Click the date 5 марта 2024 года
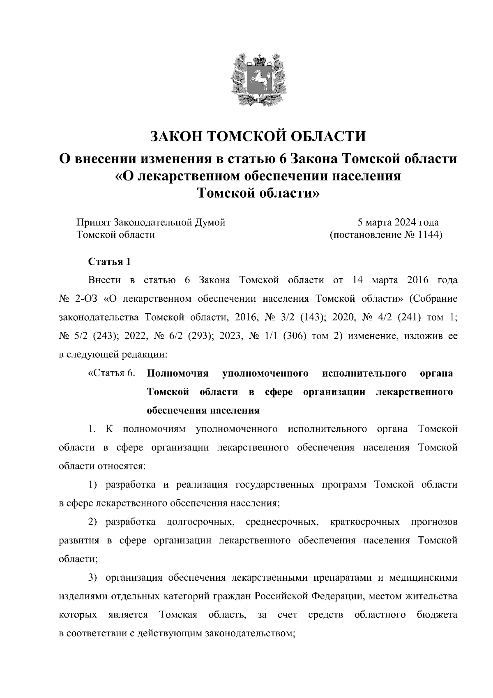[398, 223]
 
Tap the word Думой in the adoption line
[210, 223]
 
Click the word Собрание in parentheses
[434, 298]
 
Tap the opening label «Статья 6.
[111, 373]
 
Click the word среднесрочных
[282, 522]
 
